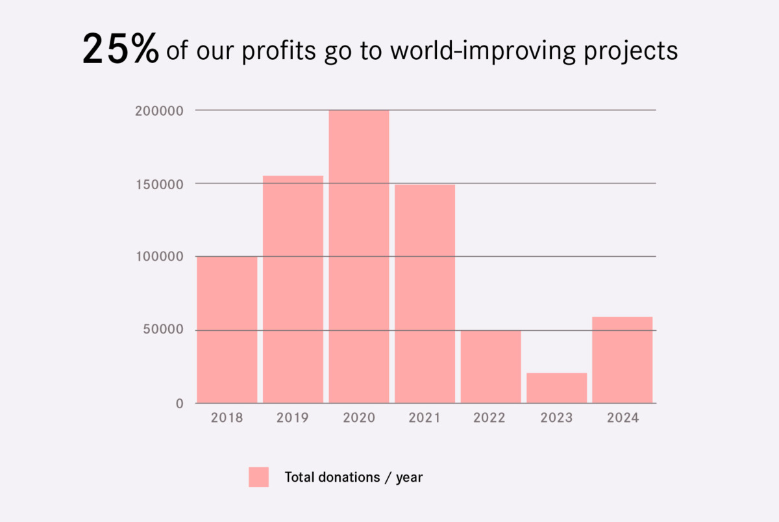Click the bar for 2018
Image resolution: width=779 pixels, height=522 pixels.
tap(227, 330)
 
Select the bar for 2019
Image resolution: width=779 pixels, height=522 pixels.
tap(293, 289)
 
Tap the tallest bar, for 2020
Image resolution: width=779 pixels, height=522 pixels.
tap(359, 257)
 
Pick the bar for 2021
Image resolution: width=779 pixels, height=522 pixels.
tap(425, 294)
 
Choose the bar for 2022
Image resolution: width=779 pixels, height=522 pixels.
tap(491, 367)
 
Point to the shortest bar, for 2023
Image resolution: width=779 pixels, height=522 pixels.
tap(557, 388)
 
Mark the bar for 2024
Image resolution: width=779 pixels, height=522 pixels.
tap(623, 360)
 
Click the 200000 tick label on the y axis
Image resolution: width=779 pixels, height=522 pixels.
tap(160, 111)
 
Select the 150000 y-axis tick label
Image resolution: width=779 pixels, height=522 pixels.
tap(160, 184)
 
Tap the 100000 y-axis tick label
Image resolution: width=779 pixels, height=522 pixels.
tap(160, 257)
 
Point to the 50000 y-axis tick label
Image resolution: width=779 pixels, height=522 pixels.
tap(163, 330)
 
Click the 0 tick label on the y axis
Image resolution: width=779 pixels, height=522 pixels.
tap(180, 404)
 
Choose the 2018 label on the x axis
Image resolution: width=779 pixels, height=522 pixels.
tap(227, 418)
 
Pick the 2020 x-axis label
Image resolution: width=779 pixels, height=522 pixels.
tap(359, 418)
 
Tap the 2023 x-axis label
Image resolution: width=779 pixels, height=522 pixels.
tap(557, 418)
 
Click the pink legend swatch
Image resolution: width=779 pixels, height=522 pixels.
tap(258, 477)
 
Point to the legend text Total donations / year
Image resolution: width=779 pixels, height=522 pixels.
tap(354, 477)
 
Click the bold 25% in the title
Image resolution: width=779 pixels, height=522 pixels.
tap(121, 50)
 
